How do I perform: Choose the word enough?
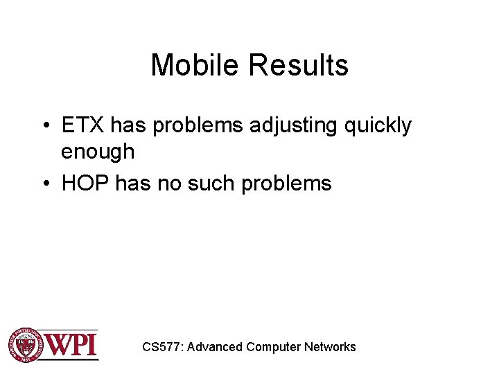(98, 151)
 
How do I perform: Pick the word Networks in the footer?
(330, 347)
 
